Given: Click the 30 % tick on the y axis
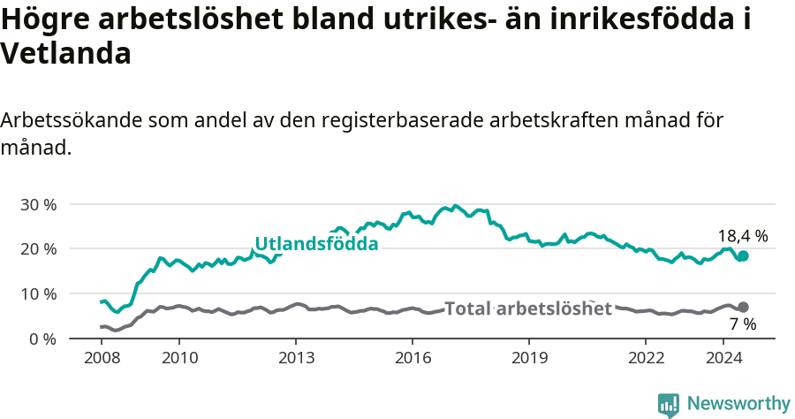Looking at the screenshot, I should [38, 204].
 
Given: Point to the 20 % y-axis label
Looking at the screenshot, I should [38, 249].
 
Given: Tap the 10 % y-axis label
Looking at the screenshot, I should [38, 293].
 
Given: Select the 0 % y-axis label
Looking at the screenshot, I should [42, 339].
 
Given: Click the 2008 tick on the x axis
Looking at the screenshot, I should [102, 357].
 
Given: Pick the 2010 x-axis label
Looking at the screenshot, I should [179, 357].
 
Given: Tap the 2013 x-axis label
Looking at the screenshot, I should [296, 357].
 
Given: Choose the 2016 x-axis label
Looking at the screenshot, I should [413, 357].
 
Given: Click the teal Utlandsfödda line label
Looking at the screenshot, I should [316, 244].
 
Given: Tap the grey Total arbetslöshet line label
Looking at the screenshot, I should [528, 309].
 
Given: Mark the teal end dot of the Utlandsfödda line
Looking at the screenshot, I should [743, 256].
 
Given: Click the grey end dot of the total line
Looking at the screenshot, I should [743, 308].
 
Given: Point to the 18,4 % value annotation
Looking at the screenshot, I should [743, 236].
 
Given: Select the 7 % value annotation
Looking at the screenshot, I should [743, 324].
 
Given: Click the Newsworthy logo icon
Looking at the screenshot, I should [669, 404].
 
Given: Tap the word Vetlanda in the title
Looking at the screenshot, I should [66, 54].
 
